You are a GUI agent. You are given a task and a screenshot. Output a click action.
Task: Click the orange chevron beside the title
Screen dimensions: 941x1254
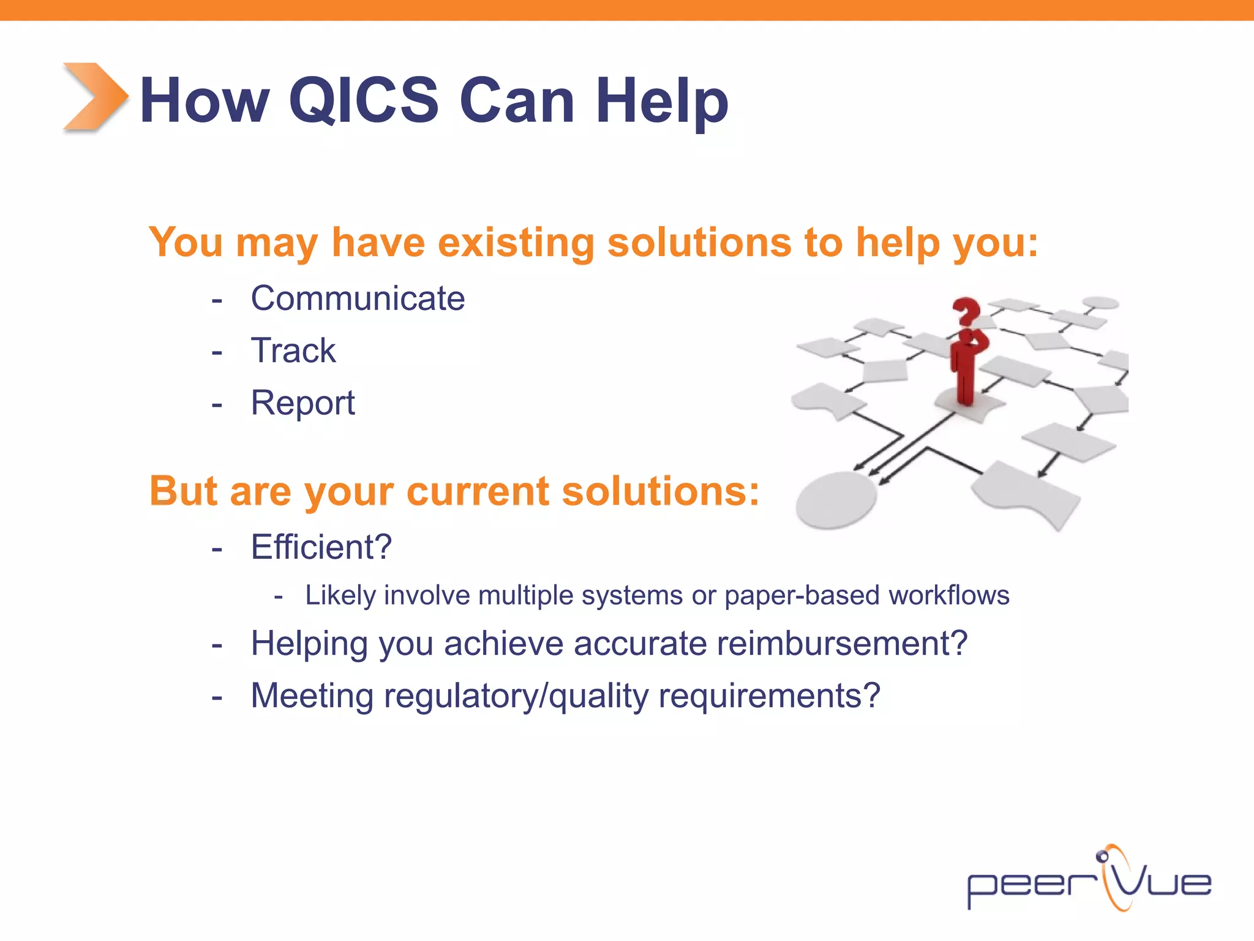coord(96,97)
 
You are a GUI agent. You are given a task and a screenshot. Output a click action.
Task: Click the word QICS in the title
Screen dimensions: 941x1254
coord(364,100)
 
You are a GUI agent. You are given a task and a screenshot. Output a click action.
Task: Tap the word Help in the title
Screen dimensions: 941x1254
coord(662,100)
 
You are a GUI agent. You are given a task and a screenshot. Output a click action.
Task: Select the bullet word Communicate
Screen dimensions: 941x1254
coord(358,299)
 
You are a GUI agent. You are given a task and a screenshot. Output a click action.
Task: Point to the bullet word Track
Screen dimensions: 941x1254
coord(293,351)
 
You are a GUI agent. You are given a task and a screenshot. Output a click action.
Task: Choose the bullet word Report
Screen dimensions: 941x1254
coord(302,403)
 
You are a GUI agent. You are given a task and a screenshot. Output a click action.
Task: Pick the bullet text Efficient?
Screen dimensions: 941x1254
coord(321,547)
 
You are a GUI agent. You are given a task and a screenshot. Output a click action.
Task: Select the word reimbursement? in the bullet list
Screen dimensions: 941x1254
coord(842,644)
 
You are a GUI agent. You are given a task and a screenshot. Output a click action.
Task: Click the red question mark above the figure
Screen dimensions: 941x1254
coord(966,311)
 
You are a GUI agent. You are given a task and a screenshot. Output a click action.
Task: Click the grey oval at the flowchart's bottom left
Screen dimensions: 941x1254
coord(836,499)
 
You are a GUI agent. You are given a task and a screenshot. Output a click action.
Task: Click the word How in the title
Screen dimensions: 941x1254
coord(205,100)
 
